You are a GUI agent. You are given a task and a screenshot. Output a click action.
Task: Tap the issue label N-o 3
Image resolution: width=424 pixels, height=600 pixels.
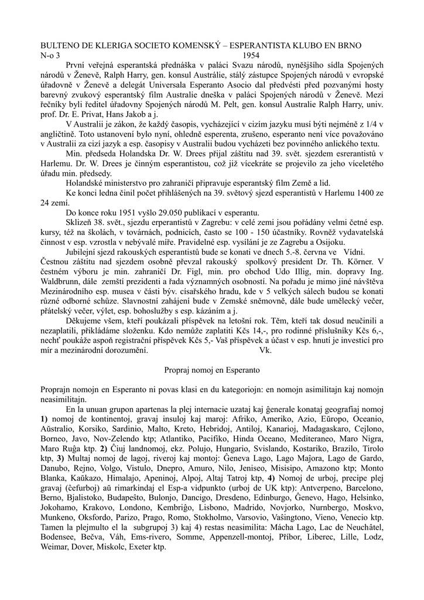pyautogui.click(x=49, y=54)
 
